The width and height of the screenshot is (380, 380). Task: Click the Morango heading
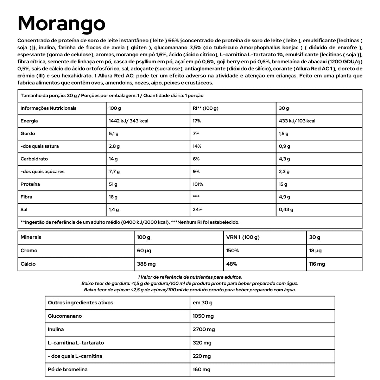(x=62, y=23)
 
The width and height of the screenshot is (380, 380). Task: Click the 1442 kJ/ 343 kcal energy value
(x=129, y=121)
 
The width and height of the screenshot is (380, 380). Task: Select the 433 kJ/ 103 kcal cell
(x=297, y=121)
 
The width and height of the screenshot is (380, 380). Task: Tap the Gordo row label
(x=28, y=134)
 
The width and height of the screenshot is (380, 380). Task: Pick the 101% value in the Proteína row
(x=198, y=184)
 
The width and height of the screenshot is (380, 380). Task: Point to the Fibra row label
(x=26, y=197)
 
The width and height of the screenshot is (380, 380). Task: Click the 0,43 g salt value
(x=286, y=210)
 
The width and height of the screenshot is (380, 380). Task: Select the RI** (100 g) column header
(x=205, y=108)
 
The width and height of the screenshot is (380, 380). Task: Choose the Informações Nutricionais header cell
(x=49, y=108)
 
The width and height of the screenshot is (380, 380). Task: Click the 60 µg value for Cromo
(x=144, y=251)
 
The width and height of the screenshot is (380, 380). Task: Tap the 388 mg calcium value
(x=146, y=264)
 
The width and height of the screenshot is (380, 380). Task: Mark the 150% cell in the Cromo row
(x=233, y=251)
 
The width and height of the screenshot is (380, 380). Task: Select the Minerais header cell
(x=31, y=237)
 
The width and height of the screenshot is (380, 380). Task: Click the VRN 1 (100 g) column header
(x=243, y=237)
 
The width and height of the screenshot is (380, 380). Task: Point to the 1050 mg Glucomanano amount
(x=203, y=316)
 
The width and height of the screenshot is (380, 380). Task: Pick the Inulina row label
(x=56, y=330)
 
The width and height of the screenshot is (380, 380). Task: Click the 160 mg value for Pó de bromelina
(x=202, y=370)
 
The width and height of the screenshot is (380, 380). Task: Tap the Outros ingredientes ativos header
(x=81, y=303)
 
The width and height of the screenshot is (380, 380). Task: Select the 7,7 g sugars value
(x=114, y=172)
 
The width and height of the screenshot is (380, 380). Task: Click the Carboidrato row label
(x=34, y=159)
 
